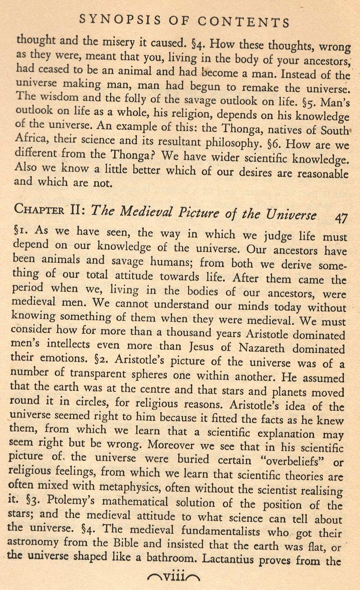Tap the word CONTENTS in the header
pos(243,22)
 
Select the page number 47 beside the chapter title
pos(341,218)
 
